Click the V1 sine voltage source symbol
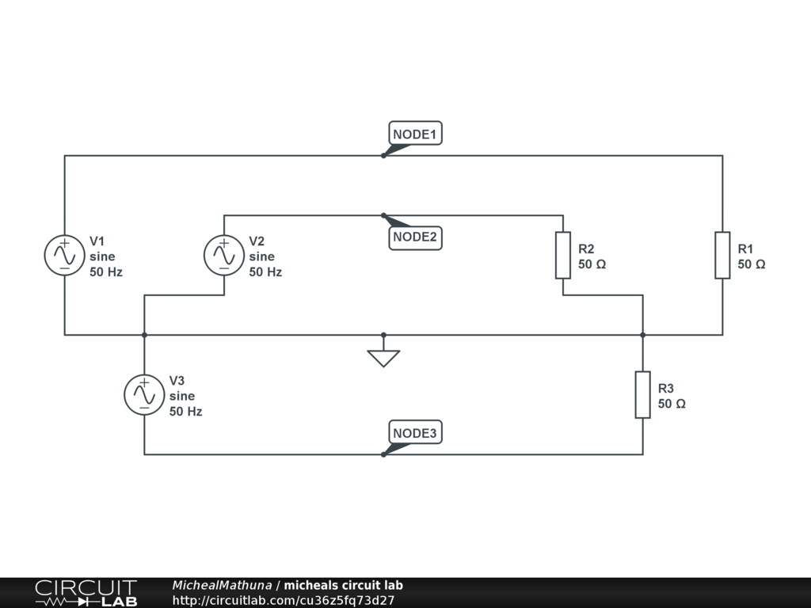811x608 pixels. (x=65, y=256)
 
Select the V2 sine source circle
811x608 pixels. (x=224, y=256)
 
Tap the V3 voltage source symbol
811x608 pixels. (x=144, y=395)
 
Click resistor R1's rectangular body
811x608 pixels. (x=722, y=256)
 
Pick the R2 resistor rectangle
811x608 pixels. (x=563, y=256)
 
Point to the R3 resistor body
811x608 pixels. (x=643, y=394)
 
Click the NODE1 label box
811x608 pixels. (x=415, y=133)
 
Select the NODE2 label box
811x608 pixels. (x=415, y=237)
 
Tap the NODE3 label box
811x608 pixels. (x=415, y=432)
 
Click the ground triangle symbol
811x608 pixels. (x=383, y=358)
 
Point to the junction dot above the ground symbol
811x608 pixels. (x=383, y=335)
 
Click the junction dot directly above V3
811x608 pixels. (x=144, y=335)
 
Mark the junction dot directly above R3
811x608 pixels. (x=643, y=335)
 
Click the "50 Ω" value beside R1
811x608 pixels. (x=752, y=264)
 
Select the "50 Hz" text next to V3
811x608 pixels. (x=185, y=412)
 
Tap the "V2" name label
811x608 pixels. (x=257, y=241)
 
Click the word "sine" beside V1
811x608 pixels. (x=102, y=256)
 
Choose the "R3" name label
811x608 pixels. (x=665, y=388)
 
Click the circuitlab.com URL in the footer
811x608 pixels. (x=284, y=600)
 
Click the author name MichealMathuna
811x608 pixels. (x=222, y=585)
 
